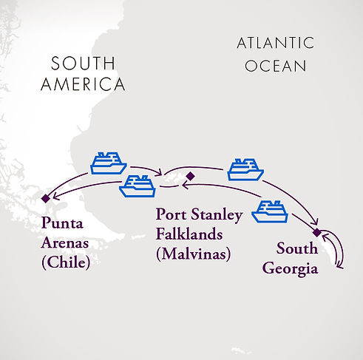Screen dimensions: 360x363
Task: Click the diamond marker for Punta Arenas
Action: click(46, 197)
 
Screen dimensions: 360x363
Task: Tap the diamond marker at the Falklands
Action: click(190, 176)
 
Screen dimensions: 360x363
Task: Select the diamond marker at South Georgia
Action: click(317, 233)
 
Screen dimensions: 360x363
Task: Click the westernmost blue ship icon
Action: click(108, 163)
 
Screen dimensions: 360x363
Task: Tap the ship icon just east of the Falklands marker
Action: click(245, 169)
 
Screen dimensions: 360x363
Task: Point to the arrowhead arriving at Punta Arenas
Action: click(53, 194)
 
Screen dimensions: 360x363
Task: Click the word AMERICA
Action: click(83, 85)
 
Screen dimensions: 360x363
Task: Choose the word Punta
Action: click(63, 222)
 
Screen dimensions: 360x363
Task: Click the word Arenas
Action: click(66, 242)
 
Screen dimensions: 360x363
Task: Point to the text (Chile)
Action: click(65, 262)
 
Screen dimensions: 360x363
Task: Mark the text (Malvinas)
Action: click(193, 254)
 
